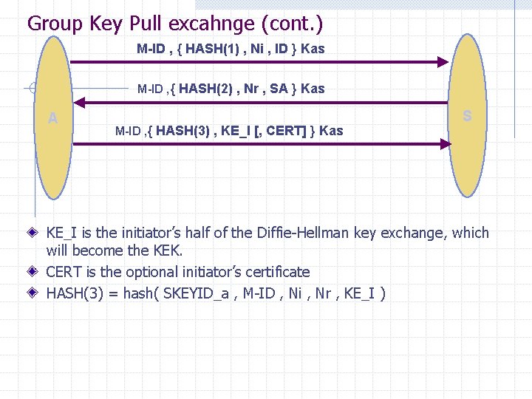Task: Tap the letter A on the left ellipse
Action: pyautogui.click(x=52, y=117)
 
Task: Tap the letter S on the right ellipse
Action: pyautogui.click(x=467, y=116)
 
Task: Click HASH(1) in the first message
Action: pyautogui.click(x=211, y=49)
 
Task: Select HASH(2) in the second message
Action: pyautogui.click(x=207, y=89)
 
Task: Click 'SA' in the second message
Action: pyautogui.click(x=279, y=89)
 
